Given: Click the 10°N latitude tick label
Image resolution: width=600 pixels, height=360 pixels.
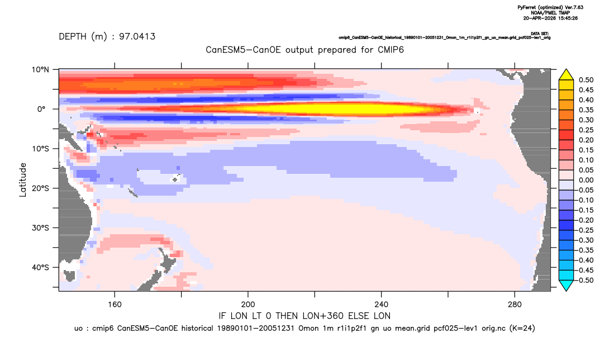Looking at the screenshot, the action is click(40, 70).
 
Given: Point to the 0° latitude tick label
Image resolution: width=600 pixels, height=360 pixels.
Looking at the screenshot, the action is click(41, 109).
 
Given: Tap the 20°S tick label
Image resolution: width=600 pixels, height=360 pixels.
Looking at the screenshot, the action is click(40, 188).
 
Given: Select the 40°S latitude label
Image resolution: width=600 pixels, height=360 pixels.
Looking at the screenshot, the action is click(40, 267).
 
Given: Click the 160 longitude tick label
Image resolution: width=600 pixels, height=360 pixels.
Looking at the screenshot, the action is click(115, 305).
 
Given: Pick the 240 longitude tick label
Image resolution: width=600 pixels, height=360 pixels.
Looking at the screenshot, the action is click(382, 305).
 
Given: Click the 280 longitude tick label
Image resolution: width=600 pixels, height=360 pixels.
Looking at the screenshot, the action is click(515, 305).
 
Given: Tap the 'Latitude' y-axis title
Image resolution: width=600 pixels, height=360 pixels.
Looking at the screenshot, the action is click(23, 180).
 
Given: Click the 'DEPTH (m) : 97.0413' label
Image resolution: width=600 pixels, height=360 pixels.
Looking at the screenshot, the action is click(107, 37).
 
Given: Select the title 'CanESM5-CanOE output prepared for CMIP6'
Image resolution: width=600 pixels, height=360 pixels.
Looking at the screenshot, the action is click(304, 50).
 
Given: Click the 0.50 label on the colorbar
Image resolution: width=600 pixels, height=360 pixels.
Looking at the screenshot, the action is click(586, 80).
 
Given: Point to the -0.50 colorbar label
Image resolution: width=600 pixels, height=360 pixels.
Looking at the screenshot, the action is click(585, 280).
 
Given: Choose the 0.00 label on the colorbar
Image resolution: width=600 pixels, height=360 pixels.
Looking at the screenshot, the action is click(586, 180).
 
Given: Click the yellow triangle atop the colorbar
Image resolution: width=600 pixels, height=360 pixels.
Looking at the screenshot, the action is click(566, 75).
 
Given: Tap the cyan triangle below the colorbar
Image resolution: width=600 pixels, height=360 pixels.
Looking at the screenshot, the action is click(566, 285).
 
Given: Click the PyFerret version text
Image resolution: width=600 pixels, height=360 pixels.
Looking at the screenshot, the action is click(550, 7).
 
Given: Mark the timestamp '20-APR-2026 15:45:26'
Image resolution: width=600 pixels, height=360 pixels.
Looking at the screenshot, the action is click(550, 18).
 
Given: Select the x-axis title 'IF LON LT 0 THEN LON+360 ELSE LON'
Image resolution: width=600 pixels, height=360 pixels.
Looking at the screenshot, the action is click(304, 316).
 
